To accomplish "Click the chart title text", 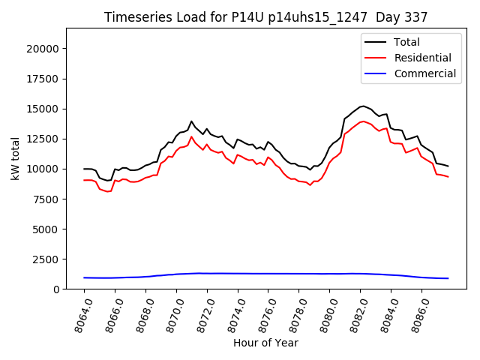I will coord(265,17).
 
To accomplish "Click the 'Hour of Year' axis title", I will coord(265,343).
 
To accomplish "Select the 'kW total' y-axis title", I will coord(15,158).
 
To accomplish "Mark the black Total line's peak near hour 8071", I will coord(191,121).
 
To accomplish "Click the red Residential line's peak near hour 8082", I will coord(363,121).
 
